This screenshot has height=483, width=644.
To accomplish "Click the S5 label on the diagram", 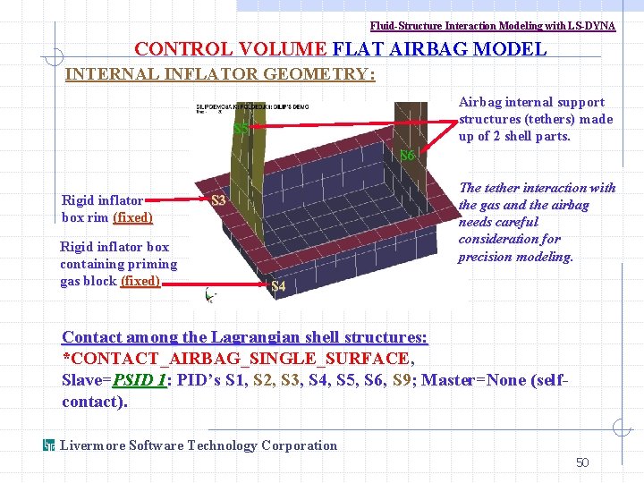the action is pos(240,128).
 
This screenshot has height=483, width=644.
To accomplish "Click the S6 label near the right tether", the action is pos(407,156).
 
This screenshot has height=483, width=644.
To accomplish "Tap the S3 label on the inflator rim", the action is pos(217,200).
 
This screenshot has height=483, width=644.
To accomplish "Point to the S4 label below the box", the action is pos(278,287).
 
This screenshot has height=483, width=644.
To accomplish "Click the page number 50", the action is pos(582,462).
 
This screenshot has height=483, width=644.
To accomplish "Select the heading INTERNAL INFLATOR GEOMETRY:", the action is pos(221,74).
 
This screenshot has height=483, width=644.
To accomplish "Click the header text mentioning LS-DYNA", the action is pos(493,26).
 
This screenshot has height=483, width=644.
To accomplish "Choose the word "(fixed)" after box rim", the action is pos(132,217).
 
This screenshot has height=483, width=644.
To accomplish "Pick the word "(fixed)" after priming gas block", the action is pos(140,281).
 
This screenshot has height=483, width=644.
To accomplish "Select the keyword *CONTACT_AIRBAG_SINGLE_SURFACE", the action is pos(236,359).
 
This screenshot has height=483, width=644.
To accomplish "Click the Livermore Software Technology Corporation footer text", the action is pos(199,445).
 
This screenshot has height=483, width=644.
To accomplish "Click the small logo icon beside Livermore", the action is pos(50,445).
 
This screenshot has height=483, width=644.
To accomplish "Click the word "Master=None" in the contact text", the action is pos(467,380).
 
